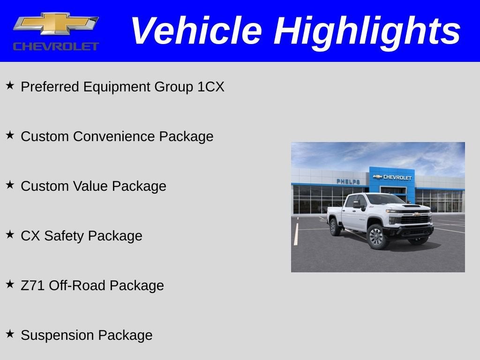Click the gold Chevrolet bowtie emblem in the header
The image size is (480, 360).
pyautogui.click(x=55, y=23)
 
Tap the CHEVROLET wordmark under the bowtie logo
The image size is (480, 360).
pyautogui.click(x=56, y=46)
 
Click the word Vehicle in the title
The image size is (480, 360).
pyautogui.click(x=195, y=31)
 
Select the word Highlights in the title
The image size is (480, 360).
pyautogui.click(x=367, y=31)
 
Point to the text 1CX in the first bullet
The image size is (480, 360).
pyautogui.click(x=211, y=87)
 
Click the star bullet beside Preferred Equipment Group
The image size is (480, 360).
pyautogui.click(x=10, y=86)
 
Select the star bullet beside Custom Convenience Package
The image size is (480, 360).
pyautogui.click(x=10, y=135)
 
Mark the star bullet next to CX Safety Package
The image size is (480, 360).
pyautogui.click(x=10, y=235)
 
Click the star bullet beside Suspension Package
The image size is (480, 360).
pyautogui.click(x=10, y=334)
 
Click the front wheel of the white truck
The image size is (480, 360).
pyautogui.click(x=376, y=237)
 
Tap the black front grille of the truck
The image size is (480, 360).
pyautogui.click(x=415, y=220)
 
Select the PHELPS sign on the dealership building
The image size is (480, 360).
pyautogui.click(x=348, y=182)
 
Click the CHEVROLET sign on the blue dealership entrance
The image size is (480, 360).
pyautogui.click(x=392, y=178)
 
